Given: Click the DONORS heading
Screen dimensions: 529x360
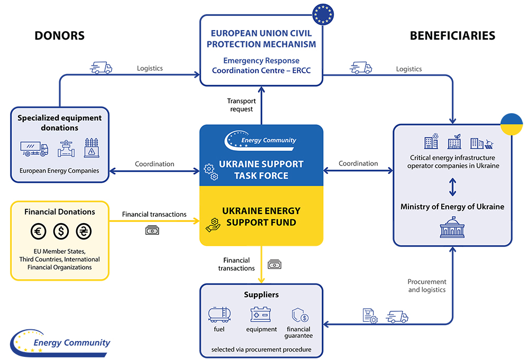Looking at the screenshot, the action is tap(59, 35).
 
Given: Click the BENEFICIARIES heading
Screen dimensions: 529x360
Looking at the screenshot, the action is tap(452, 35).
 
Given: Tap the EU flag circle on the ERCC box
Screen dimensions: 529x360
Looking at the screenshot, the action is tap(323, 14).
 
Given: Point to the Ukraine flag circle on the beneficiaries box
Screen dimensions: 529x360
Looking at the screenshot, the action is tap(512, 124).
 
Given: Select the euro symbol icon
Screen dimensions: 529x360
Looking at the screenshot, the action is tap(39, 232).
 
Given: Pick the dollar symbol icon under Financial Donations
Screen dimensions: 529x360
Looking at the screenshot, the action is tap(61, 232).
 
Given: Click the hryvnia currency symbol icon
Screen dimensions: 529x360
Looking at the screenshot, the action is tap(84, 232).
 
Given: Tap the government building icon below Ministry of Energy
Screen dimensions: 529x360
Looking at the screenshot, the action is tap(452, 227).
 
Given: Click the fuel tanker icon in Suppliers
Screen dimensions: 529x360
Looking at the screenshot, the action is tap(220, 315).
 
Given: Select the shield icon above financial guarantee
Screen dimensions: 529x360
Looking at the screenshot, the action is tap(300, 315).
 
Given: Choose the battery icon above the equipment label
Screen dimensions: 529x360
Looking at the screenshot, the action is tap(260, 314).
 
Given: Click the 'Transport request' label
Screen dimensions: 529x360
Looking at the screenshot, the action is tap(241, 105).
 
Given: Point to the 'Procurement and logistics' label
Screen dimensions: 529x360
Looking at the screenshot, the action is tap(427, 285).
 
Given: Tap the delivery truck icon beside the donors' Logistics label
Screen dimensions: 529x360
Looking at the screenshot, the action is tap(101, 68).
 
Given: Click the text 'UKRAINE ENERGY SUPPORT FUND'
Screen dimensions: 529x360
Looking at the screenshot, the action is tap(261, 216).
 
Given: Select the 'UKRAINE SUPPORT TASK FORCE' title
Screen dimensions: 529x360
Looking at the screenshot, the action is tap(261, 170).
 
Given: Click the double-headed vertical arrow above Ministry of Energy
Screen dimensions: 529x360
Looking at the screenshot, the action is tap(452, 187).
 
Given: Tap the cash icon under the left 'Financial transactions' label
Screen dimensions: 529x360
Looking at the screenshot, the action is tap(152, 230).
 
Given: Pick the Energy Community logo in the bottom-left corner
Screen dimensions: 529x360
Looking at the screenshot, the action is tap(60, 343).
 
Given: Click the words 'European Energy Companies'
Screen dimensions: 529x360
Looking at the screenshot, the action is tap(59, 171).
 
